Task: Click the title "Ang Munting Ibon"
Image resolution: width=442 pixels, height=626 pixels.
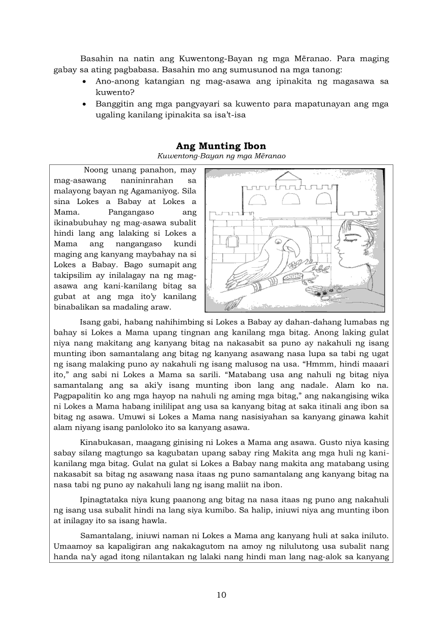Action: (x=221, y=146)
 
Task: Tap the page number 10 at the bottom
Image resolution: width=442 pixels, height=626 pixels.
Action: (x=221, y=594)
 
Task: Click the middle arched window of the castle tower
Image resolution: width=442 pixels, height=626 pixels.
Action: (x=292, y=201)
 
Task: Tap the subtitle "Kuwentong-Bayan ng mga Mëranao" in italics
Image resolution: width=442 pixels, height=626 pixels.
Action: (x=221, y=156)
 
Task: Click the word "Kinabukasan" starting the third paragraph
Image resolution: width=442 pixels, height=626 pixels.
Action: (x=105, y=443)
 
